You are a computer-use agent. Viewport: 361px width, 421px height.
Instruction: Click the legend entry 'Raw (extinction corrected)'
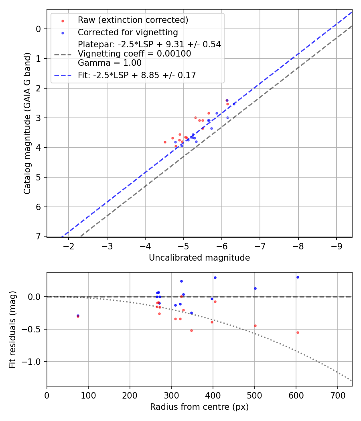pyautogui.click(x=133, y=20)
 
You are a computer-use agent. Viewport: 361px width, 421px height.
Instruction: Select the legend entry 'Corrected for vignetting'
pyautogui.click(x=128, y=32)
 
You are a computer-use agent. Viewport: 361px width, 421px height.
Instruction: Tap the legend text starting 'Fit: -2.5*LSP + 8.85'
pyautogui.click(x=137, y=75)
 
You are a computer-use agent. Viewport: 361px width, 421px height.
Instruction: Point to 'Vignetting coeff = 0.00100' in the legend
pyautogui.click(x=134, y=54)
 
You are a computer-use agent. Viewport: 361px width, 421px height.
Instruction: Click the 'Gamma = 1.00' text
pyautogui.click(x=110, y=63)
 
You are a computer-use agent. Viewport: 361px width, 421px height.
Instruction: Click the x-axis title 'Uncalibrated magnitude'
pyautogui.click(x=199, y=258)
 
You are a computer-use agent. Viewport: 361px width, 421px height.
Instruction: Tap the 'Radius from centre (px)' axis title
pyautogui.click(x=199, y=407)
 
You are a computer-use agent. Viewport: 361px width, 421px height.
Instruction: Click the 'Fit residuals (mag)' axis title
pyautogui.click(x=12, y=330)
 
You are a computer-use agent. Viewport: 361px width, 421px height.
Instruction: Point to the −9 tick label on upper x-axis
pyautogui.click(x=337, y=245)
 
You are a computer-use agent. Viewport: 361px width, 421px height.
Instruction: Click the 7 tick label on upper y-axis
pyautogui.click(x=39, y=237)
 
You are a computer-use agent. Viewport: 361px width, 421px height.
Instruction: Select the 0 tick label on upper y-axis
pyautogui.click(x=39, y=29)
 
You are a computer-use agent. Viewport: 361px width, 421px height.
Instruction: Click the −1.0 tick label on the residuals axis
pyautogui.click(x=33, y=362)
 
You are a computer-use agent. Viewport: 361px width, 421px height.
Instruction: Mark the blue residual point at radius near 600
pyautogui.click(x=298, y=277)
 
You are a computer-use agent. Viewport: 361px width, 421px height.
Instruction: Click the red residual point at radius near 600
pyautogui.click(x=298, y=332)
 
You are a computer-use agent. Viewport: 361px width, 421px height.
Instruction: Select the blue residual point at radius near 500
pyautogui.click(x=255, y=288)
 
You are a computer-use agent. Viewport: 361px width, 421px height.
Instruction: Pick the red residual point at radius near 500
pyautogui.click(x=255, y=326)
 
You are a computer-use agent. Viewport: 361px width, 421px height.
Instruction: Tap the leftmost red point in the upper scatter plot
pyautogui.click(x=165, y=142)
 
